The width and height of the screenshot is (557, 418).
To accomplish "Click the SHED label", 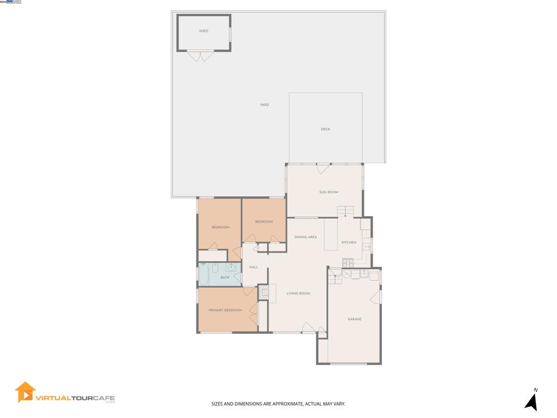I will pyautogui.click(x=203, y=31).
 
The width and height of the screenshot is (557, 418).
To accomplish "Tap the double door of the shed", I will pyautogui.click(x=201, y=56).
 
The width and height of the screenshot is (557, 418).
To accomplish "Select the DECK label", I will pyautogui.click(x=325, y=129).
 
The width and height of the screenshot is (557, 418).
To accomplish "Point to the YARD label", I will pyautogui.click(x=264, y=104).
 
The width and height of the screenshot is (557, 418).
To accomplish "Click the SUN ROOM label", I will pyautogui.click(x=329, y=192).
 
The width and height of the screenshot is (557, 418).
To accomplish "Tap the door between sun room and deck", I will pyautogui.click(x=323, y=168).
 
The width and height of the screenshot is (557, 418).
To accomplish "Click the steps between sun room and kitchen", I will pyautogui.click(x=345, y=211).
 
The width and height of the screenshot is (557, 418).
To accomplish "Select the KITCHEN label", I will pyautogui.click(x=349, y=242).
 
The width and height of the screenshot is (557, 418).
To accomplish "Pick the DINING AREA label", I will pyautogui.click(x=305, y=237).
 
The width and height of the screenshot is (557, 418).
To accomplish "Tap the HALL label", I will pyautogui.click(x=253, y=267).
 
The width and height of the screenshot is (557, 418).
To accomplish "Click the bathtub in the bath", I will pyautogui.click(x=203, y=275).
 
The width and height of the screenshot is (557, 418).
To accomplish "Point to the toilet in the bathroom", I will pyautogui.click(x=215, y=267).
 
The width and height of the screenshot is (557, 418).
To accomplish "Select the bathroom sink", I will pyautogui.click(x=231, y=267).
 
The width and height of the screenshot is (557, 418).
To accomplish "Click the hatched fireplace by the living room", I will pyautogui.click(x=264, y=293).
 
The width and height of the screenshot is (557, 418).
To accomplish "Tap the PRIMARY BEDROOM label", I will pyautogui.click(x=225, y=310).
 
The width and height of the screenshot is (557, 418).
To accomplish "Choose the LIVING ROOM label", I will pyautogui.click(x=298, y=293).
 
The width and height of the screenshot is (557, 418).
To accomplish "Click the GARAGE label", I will pyautogui.click(x=355, y=319).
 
